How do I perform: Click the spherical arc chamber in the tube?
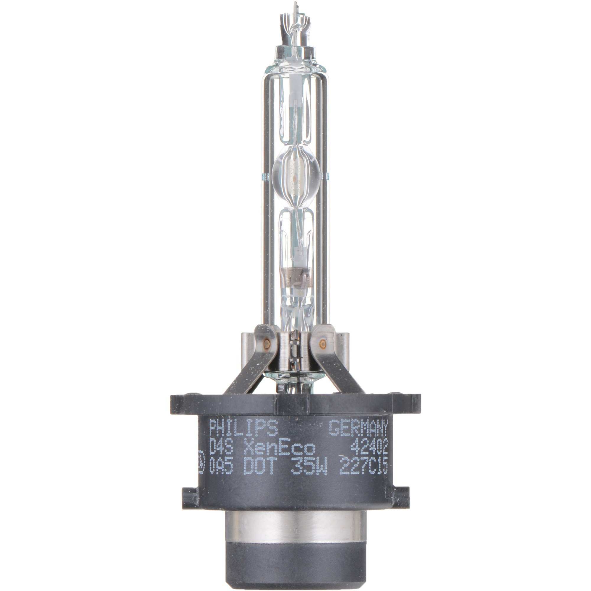click(x=295, y=174)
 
